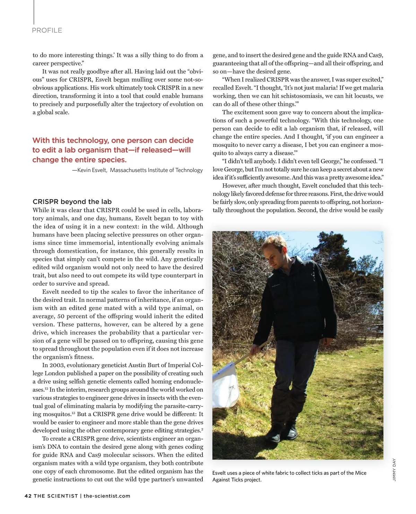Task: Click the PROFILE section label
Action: coord(47,31)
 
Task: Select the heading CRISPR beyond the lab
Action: coord(72,202)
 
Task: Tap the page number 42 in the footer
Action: coord(28,496)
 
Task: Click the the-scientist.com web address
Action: coord(107,496)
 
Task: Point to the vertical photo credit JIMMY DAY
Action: coord(394,470)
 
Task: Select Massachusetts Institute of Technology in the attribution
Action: coord(156,170)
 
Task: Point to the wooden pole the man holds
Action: coord(251,350)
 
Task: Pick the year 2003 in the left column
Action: coord(57,365)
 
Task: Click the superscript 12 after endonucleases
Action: coord(46,388)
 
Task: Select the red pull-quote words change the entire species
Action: coord(79,160)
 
